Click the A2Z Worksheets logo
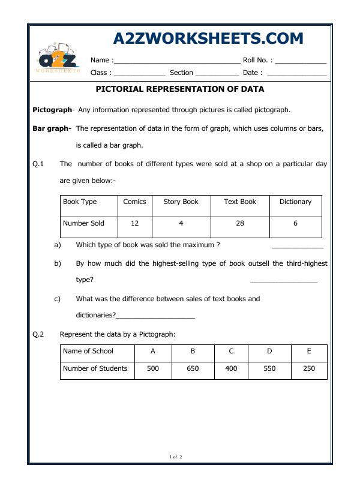point(58,59)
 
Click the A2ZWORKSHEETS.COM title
point(208,39)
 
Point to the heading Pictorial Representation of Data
point(180,89)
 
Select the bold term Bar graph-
point(52,128)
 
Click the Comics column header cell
point(134,202)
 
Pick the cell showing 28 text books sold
point(239,223)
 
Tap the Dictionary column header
point(295,202)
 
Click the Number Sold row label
point(83,223)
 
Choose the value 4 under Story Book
point(181,223)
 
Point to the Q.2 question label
point(38,334)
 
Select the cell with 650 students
point(193,369)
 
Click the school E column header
point(309,352)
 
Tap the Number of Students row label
point(95,369)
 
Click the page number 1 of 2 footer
point(176,457)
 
